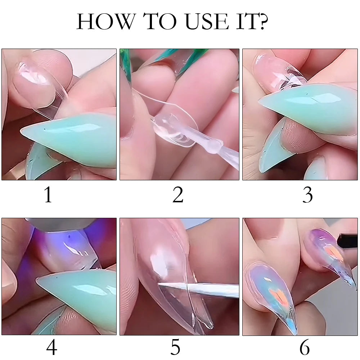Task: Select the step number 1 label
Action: point(48,195)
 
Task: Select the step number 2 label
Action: point(178,195)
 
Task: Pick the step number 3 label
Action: point(307,195)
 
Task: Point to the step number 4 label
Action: point(51,347)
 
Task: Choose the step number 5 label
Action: point(175,347)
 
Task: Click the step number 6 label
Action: point(305,347)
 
